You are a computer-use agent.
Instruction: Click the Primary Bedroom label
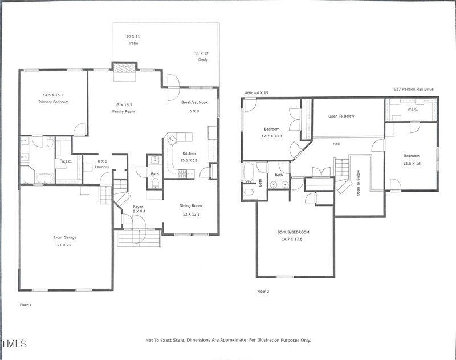click(x=54, y=102)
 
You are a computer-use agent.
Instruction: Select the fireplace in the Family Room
click(x=124, y=67)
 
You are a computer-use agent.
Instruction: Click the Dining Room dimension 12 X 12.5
click(x=190, y=213)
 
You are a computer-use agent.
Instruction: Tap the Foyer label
click(x=138, y=206)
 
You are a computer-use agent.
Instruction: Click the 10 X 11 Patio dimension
click(x=132, y=36)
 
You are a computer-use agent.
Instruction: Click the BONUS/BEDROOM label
click(x=293, y=232)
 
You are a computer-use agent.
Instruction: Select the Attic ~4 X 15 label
click(x=256, y=92)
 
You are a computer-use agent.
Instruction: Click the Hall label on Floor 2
click(x=336, y=144)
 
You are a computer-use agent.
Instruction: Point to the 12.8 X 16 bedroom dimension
click(x=412, y=163)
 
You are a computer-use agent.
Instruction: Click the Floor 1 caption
click(x=26, y=305)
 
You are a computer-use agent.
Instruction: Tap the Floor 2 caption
click(x=263, y=291)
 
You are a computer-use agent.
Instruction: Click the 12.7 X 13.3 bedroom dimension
click(x=271, y=136)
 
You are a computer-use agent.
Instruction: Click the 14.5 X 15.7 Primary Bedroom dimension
click(x=54, y=95)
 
